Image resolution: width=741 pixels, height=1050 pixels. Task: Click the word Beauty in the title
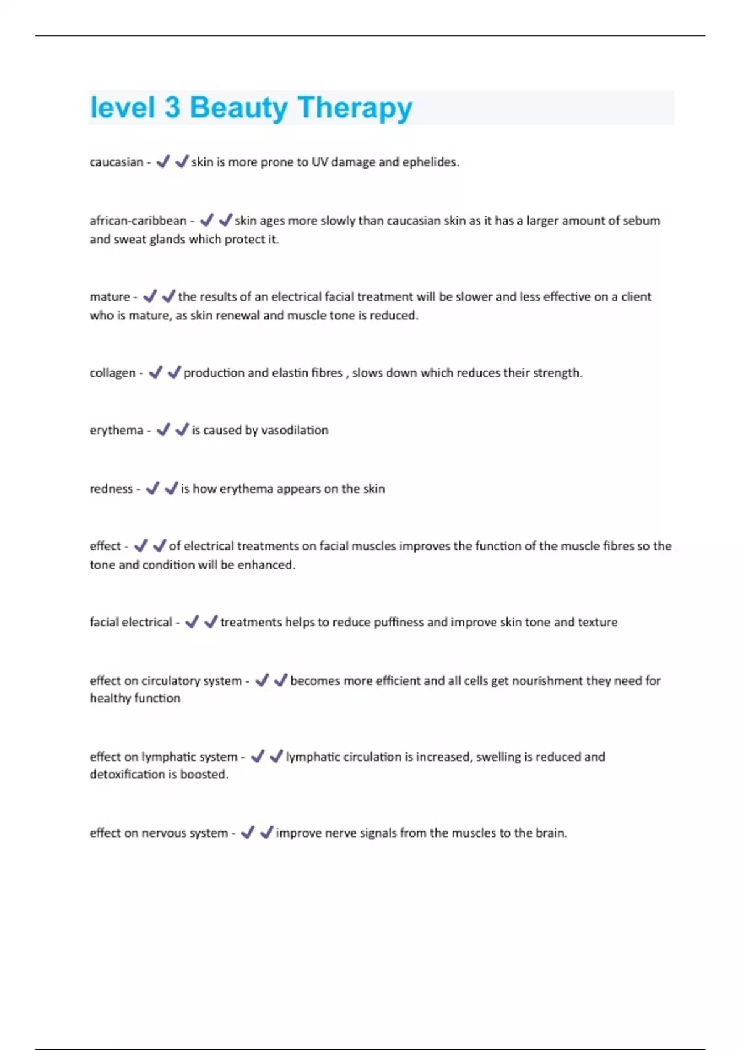(x=238, y=108)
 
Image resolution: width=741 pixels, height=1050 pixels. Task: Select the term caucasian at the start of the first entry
(x=116, y=162)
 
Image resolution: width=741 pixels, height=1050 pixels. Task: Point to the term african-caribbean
(x=138, y=220)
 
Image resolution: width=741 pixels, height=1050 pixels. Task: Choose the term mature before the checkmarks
(x=110, y=296)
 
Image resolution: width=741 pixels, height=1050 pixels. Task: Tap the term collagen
(x=112, y=372)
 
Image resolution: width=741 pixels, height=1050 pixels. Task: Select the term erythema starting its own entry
(x=116, y=430)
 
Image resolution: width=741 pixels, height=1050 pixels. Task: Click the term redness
(x=111, y=489)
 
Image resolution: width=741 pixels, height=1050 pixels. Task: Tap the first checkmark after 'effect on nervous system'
(x=248, y=833)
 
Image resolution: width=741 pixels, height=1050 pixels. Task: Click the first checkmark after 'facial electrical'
(x=192, y=621)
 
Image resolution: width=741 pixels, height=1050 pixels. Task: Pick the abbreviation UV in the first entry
(x=319, y=162)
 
